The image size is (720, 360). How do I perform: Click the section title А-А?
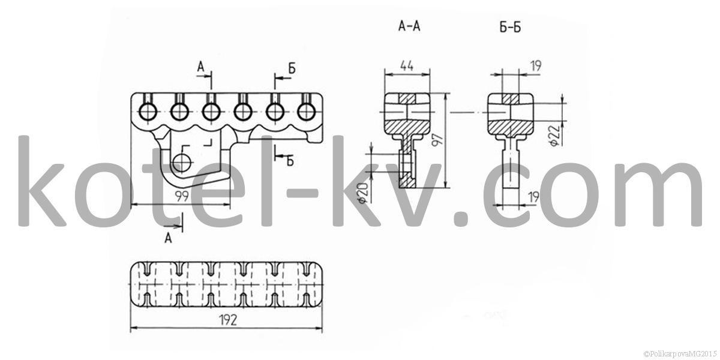409,26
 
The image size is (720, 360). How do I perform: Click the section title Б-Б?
511,28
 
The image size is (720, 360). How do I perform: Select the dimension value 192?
228,320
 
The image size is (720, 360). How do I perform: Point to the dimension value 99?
182,196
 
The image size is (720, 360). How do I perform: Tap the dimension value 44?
407,66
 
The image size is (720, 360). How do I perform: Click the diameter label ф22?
554,136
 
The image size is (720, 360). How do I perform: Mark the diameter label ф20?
362,193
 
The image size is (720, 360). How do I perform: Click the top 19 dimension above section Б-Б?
535,66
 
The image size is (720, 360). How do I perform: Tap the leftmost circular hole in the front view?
148,112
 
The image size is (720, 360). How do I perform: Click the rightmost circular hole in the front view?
306,112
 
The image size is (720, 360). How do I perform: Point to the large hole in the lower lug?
182,163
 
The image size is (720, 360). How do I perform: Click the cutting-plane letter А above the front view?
200,67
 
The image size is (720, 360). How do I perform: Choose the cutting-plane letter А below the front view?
168,238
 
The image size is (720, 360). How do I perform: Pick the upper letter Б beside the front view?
292,68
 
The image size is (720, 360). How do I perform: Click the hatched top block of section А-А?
407,98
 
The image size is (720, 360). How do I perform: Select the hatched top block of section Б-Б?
511,98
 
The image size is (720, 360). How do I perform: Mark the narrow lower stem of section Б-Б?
511,170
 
